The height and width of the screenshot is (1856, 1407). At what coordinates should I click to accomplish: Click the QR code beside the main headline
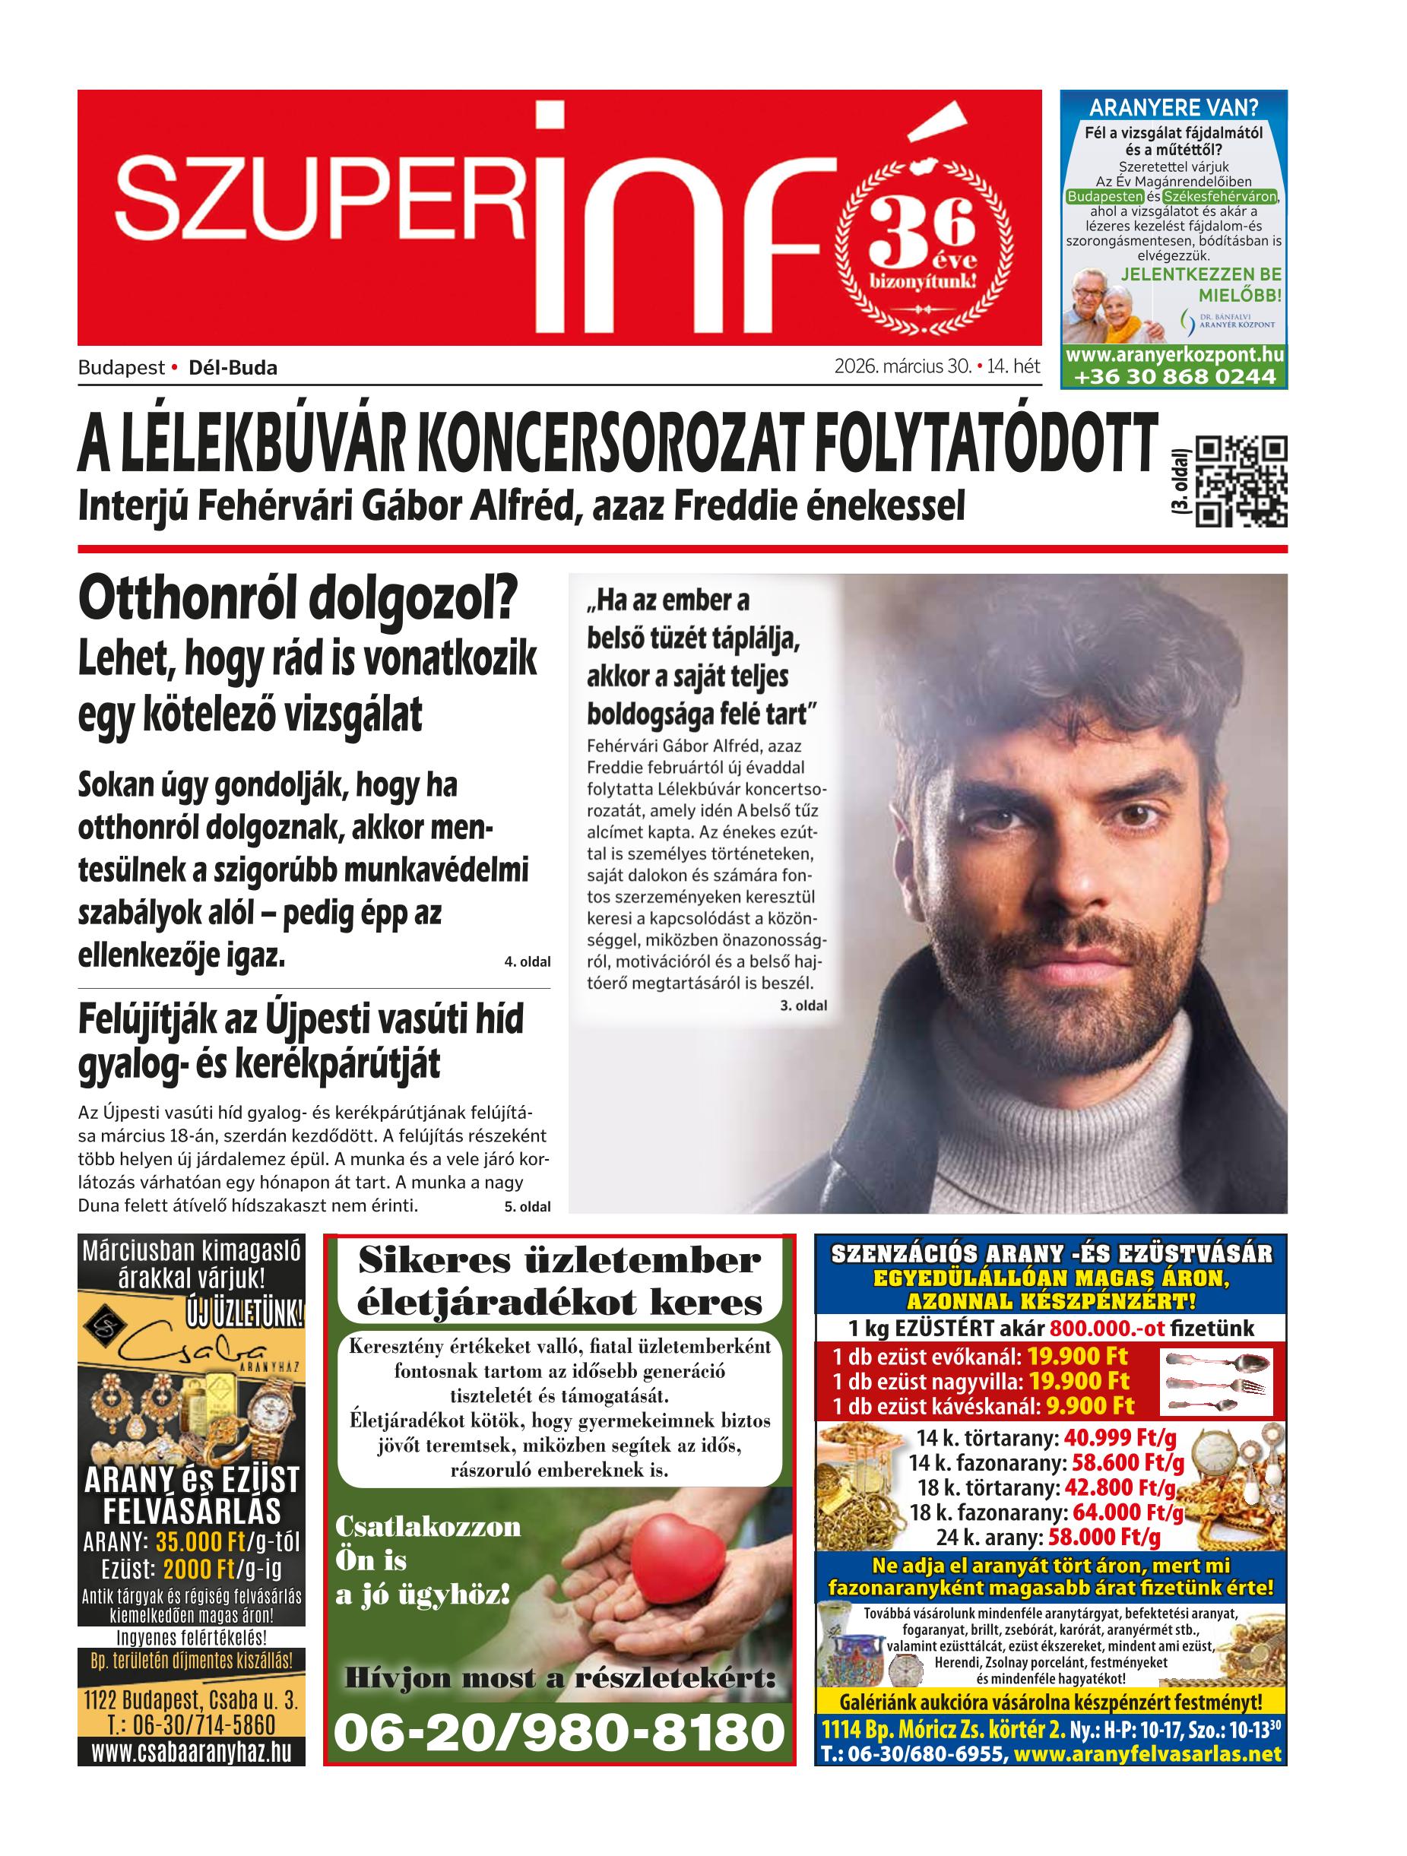pyautogui.click(x=1240, y=482)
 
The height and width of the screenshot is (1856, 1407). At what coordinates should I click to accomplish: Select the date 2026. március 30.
pyautogui.click(x=902, y=366)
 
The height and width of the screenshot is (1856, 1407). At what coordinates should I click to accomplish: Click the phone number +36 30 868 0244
pyautogui.click(x=1173, y=377)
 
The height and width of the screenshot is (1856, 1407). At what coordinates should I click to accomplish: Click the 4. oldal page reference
pyautogui.click(x=527, y=961)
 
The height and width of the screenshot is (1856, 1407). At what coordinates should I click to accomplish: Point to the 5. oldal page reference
pyautogui.click(x=527, y=1207)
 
